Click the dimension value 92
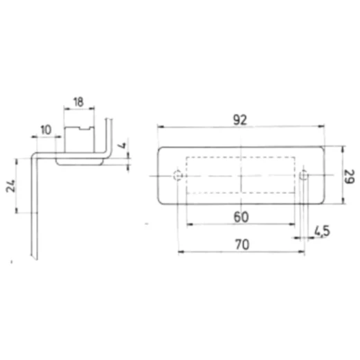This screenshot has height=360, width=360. (x=240, y=120)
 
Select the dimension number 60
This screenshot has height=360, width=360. (x=241, y=217)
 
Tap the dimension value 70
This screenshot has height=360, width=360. (x=242, y=244)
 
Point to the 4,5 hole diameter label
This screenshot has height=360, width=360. (x=322, y=231)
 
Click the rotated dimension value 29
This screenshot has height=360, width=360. (x=349, y=177)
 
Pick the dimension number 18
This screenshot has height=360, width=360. (x=78, y=102)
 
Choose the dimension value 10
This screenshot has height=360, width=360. (x=46, y=130)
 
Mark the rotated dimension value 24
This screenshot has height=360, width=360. (x=10, y=186)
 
